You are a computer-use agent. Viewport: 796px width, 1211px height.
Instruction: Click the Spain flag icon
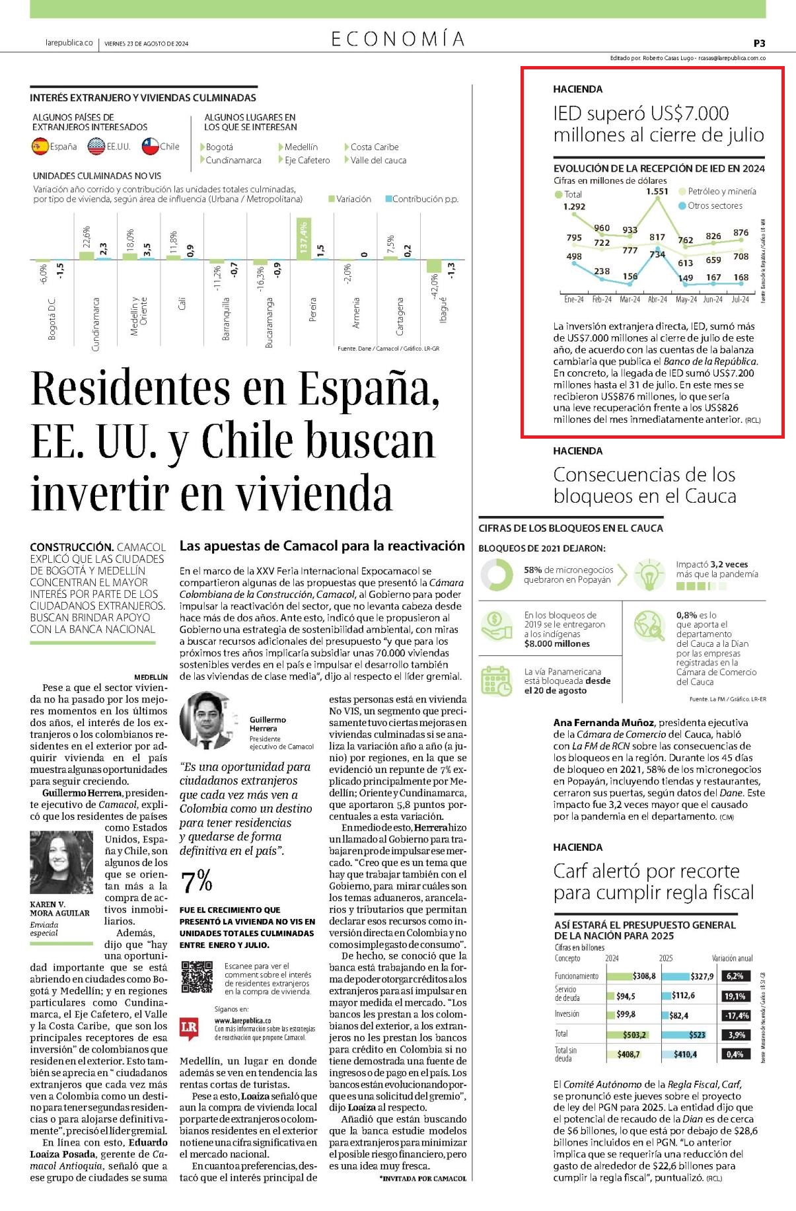[40, 146]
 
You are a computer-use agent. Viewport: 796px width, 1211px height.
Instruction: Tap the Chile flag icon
[151, 146]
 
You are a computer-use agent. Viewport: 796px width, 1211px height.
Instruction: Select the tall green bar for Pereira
[304, 239]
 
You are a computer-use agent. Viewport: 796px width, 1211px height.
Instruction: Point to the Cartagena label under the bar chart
[399, 316]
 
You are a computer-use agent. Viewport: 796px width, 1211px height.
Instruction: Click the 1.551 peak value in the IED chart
[657, 191]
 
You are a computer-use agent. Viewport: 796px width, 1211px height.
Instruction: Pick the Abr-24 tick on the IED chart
[657, 299]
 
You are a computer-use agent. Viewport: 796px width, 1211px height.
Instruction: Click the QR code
[198, 977]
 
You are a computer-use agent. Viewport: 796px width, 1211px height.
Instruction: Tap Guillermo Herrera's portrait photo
[206, 719]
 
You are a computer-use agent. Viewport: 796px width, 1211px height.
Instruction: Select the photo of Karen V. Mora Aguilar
[61, 862]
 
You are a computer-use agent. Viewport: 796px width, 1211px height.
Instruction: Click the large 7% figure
[196, 881]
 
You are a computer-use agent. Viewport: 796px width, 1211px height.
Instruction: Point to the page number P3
[759, 43]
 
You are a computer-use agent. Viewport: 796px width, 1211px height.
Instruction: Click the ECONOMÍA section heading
[398, 39]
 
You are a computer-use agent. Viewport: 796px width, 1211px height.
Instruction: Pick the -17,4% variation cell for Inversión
[737, 1015]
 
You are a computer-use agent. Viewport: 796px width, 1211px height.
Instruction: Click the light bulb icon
[649, 574]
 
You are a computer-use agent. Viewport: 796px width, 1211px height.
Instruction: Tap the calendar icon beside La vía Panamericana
[496, 681]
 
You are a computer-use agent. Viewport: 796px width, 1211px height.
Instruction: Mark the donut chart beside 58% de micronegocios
[496, 575]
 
